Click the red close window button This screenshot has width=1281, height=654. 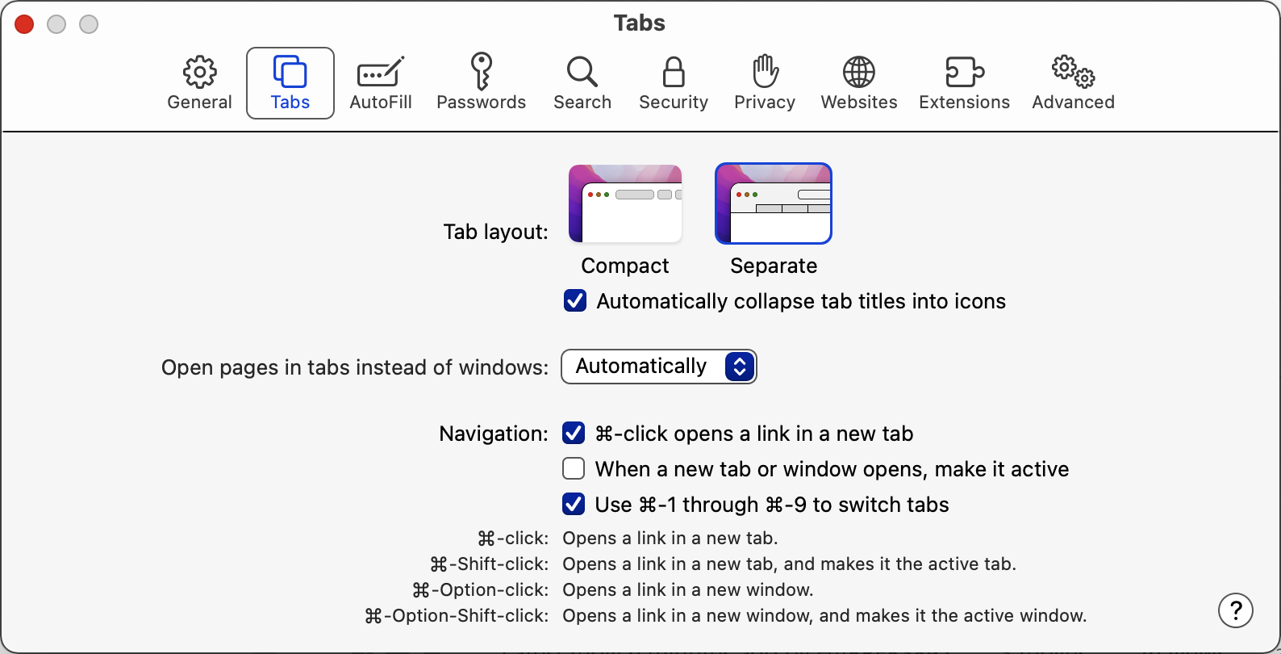click(24, 24)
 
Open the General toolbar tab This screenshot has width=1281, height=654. click(199, 82)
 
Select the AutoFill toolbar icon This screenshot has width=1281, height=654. click(381, 72)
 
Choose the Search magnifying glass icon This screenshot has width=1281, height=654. click(582, 72)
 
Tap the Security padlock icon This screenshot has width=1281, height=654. click(674, 72)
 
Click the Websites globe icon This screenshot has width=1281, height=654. click(859, 72)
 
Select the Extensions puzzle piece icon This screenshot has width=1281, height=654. click(964, 72)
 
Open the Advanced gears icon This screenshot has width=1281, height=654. click(1073, 72)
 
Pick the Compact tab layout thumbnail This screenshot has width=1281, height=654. click(625, 203)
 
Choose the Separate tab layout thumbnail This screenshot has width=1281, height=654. click(773, 203)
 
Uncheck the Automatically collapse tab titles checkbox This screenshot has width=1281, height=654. click(574, 301)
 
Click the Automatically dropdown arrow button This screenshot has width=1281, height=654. click(740, 367)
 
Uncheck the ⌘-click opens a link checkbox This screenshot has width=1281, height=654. click(573, 433)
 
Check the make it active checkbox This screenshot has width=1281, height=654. click(573, 468)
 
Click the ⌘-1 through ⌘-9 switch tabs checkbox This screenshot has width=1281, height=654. click(573, 504)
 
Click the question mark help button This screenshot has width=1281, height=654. click(1235, 610)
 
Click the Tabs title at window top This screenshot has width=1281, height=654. click(640, 23)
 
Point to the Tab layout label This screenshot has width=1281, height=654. click(495, 232)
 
